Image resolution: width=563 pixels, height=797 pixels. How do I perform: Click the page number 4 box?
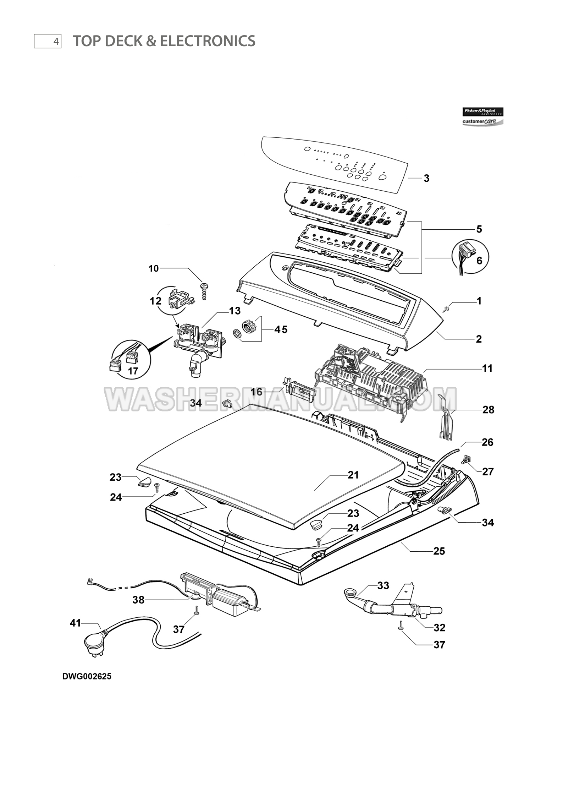[x=48, y=41]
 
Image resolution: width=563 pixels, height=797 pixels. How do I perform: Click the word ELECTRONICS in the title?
[x=208, y=41]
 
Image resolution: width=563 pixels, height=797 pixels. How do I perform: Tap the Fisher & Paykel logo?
[x=482, y=111]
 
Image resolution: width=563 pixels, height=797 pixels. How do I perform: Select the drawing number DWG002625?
[x=87, y=676]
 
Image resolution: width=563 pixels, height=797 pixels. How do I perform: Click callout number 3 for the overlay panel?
[x=426, y=179]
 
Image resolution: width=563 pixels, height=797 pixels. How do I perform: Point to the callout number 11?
[x=487, y=369]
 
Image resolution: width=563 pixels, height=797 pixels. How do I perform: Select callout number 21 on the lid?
[x=353, y=475]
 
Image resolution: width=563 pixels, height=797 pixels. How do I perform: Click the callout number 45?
[x=281, y=329]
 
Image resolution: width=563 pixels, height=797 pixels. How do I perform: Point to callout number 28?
[x=488, y=410]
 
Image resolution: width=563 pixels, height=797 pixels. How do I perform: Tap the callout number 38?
[x=139, y=600]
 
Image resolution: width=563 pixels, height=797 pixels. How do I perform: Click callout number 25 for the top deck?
[x=439, y=551]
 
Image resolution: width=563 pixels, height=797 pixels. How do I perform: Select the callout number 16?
[x=256, y=392]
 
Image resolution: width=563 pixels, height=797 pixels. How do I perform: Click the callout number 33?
[x=383, y=585]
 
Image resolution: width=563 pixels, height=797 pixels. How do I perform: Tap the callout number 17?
[x=133, y=371]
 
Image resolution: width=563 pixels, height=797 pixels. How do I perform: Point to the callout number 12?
[x=155, y=301]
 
